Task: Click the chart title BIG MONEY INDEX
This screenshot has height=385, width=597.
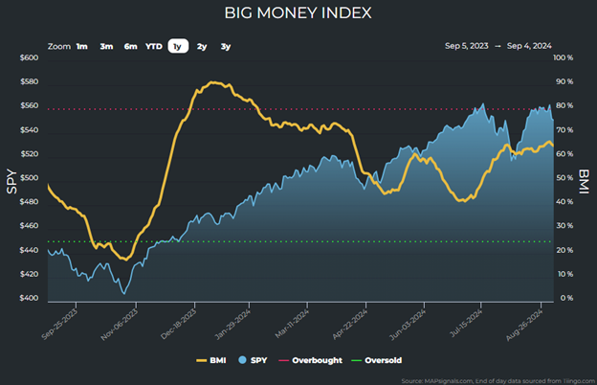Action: coord(298,13)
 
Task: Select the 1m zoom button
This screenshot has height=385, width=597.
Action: coord(82,46)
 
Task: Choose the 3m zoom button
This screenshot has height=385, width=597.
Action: coord(106,46)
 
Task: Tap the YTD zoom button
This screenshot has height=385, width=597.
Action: coord(154,46)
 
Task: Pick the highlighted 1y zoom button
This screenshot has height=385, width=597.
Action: coord(178,46)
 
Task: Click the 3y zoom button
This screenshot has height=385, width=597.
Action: coord(225,46)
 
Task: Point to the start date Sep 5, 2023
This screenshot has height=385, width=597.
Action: coord(468,46)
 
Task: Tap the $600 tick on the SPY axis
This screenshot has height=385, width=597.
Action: coord(29,57)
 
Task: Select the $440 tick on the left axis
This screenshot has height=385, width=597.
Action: coord(29,251)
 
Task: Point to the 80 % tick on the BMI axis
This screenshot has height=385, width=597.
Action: coord(563,106)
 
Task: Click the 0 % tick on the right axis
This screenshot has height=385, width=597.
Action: coord(565,299)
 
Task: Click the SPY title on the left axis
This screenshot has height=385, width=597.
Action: coord(11,179)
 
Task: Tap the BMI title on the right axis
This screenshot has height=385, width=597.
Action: coord(584,179)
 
